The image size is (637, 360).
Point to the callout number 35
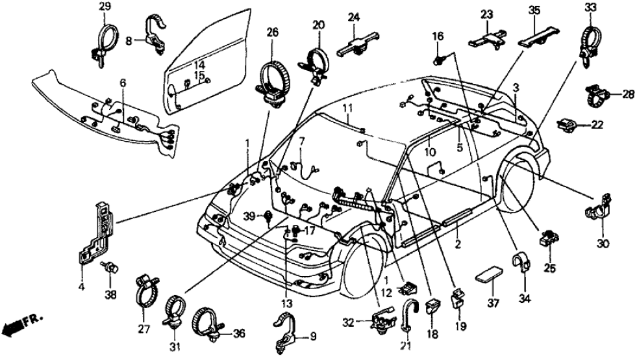point(534,10)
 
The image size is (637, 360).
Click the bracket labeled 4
point(97,234)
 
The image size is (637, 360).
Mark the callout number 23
point(487,14)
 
